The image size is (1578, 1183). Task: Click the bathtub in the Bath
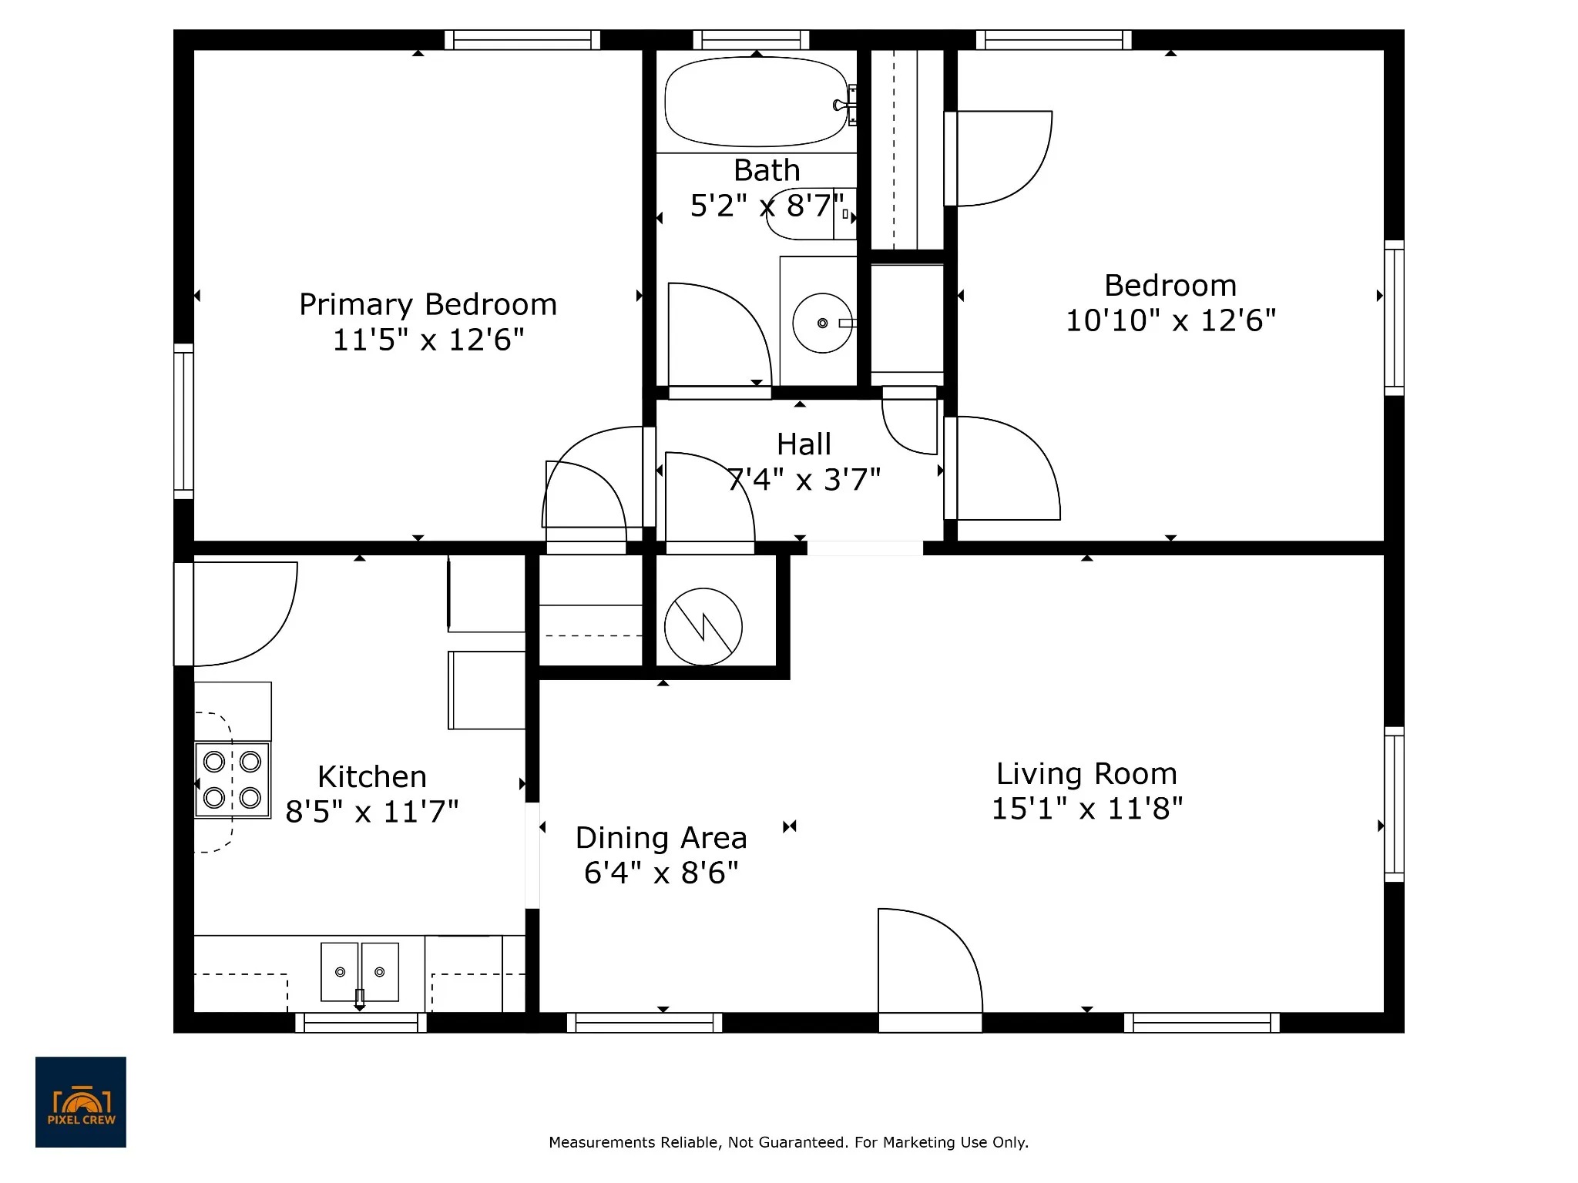tap(756, 102)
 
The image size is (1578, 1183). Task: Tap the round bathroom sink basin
tap(822, 323)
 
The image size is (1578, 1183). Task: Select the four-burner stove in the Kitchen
tap(232, 779)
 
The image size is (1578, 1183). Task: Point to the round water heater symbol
tap(703, 627)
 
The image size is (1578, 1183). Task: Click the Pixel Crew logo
tap(81, 1102)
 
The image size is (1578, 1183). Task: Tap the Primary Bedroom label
tap(428, 304)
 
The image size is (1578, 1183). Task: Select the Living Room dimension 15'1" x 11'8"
tap(1086, 809)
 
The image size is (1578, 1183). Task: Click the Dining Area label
tap(661, 837)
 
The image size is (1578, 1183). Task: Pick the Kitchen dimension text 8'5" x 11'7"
tap(372, 812)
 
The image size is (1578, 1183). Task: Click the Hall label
tap(804, 444)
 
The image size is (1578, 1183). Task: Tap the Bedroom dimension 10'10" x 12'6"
tap(1170, 320)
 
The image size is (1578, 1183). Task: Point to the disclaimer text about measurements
tap(788, 1142)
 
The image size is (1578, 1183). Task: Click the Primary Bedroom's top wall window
tap(522, 39)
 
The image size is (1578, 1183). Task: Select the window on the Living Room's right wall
tap(1394, 804)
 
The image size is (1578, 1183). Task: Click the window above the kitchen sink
tap(361, 1023)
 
